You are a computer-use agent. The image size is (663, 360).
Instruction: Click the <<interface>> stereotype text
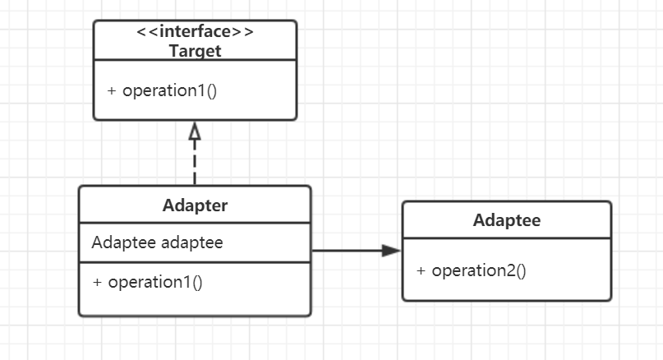pos(195,32)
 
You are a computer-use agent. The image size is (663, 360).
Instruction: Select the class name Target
pos(195,50)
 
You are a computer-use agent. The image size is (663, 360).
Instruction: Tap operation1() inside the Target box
pos(169,90)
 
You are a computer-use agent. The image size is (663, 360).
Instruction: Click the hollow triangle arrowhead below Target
pos(195,131)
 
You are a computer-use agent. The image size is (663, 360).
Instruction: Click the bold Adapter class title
pos(195,205)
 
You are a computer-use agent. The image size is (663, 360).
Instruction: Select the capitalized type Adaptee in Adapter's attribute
pos(124,242)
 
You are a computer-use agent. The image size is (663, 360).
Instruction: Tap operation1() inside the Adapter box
pos(155,282)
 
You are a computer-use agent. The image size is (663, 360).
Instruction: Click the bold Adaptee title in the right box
pos(507,220)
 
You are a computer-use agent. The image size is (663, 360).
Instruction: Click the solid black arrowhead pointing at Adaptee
pos(391,251)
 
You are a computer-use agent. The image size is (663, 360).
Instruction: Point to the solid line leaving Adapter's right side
pos(345,251)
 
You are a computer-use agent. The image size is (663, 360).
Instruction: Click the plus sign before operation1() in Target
pos(112,90)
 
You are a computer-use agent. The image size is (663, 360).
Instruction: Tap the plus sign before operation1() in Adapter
pos(98,282)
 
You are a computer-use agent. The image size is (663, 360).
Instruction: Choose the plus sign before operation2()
pos(421,270)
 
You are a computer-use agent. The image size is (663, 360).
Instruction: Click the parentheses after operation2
pos(519,270)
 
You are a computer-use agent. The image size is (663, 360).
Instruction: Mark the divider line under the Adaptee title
pos(507,238)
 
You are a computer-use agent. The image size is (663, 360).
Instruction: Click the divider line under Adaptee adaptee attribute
pos(195,262)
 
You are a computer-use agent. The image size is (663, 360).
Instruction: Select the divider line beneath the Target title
pos(195,60)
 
